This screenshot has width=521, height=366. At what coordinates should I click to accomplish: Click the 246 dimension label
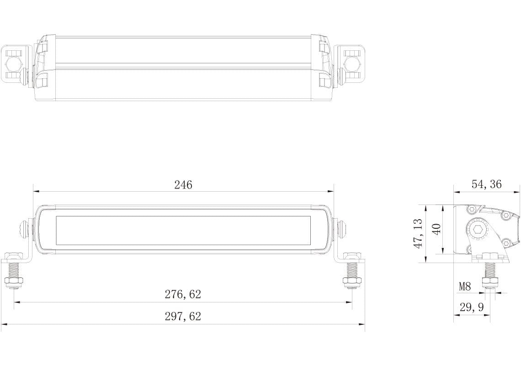click(183, 185)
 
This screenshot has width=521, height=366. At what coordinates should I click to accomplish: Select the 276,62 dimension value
click(183, 295)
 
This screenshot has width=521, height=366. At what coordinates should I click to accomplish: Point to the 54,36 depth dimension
click(487, 184)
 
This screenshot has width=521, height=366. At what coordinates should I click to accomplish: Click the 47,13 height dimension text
click(418, 233)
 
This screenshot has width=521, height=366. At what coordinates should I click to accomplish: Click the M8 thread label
click(465, 287)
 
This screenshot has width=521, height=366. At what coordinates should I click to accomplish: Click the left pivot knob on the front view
click(24, 229)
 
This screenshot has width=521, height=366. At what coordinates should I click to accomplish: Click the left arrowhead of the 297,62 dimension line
click(4, 324)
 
